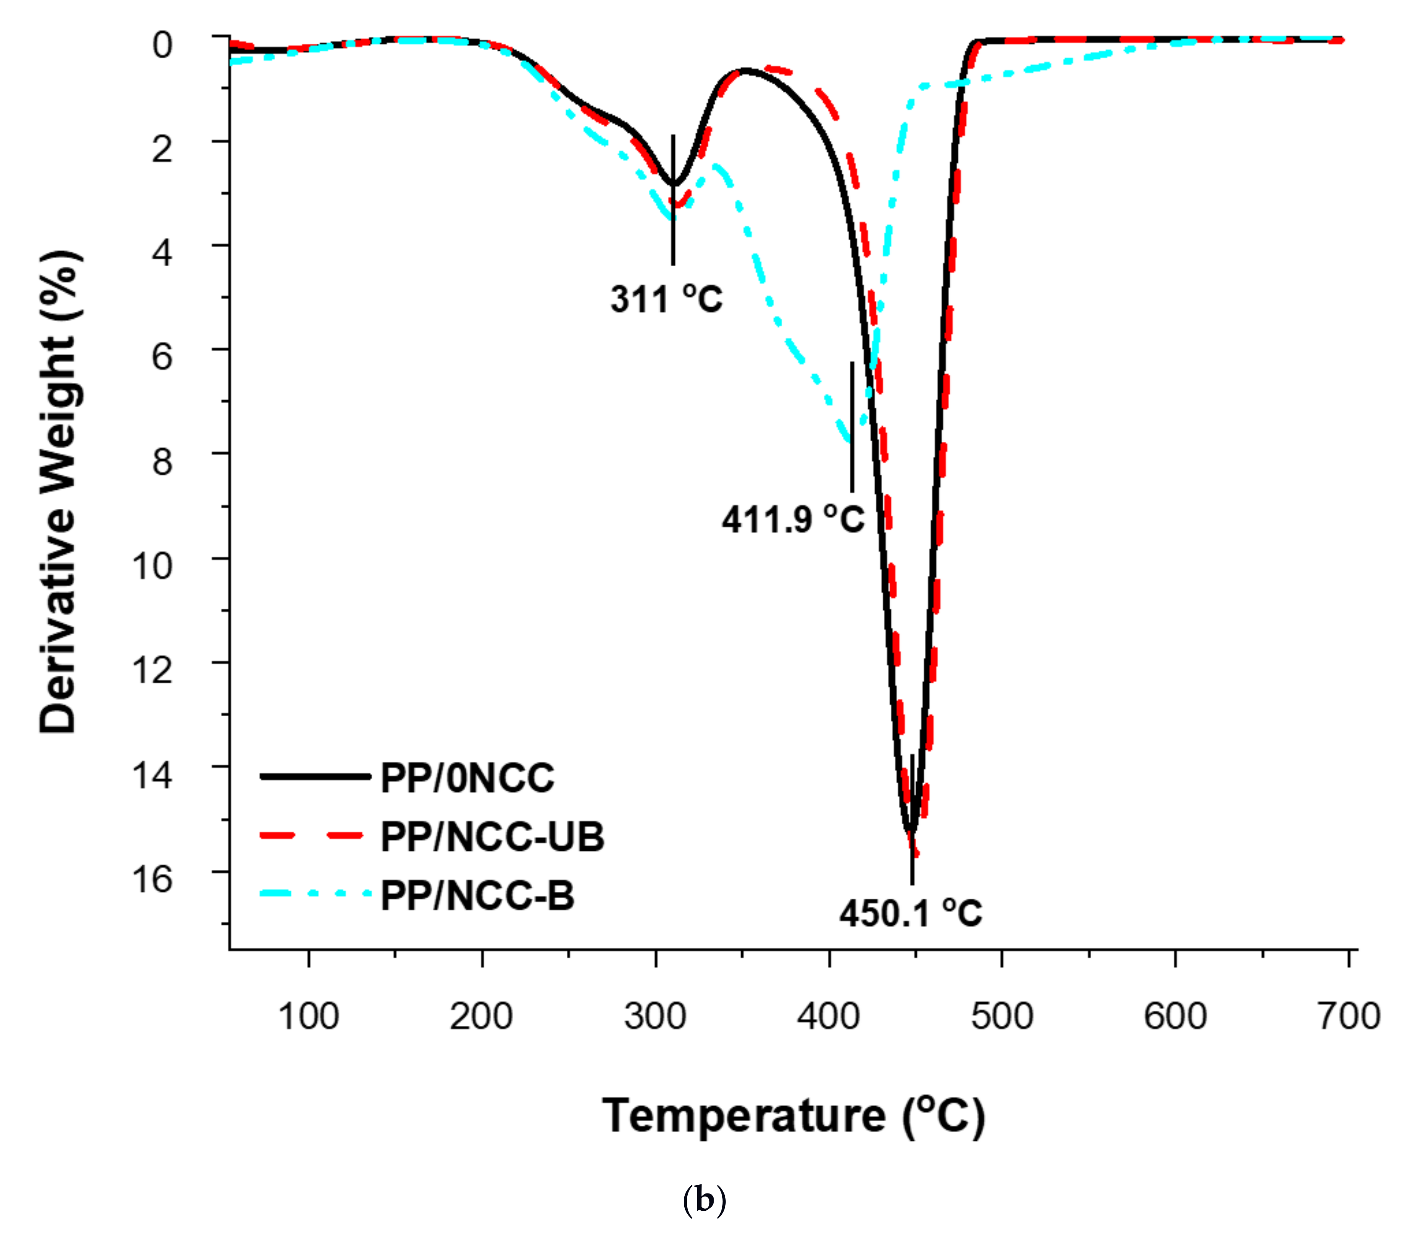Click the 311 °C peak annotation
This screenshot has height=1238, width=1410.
click(666, 300)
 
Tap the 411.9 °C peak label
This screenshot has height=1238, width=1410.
click(793, 519)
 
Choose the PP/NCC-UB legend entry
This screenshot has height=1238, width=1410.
click(492, 837)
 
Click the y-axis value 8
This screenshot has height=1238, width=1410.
click(162, 461)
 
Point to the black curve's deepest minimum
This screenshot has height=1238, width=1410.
click(911, 830)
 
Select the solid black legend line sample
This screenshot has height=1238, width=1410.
click(315, 777)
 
